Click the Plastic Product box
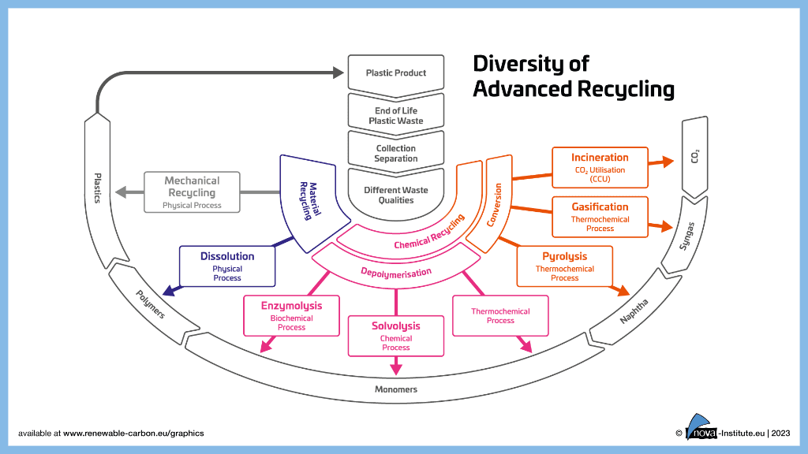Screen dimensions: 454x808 click(x=395, y=73)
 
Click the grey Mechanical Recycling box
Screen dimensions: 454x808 click(x=192, y=192)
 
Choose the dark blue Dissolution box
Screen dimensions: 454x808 click(x=227, y=266)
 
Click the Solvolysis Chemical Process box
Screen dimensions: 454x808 click(x=396, y=335)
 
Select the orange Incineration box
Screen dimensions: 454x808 click(x=600, y=167)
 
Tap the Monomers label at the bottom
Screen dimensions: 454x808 click(x=396, y=389)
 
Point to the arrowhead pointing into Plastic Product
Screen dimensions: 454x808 click(x=338, y=73)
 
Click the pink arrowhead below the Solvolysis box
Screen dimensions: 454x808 click(x=396, y=368)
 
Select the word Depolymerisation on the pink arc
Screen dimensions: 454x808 click(x=396, y=273)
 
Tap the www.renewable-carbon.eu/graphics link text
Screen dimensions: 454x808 click(x=133, y=433)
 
